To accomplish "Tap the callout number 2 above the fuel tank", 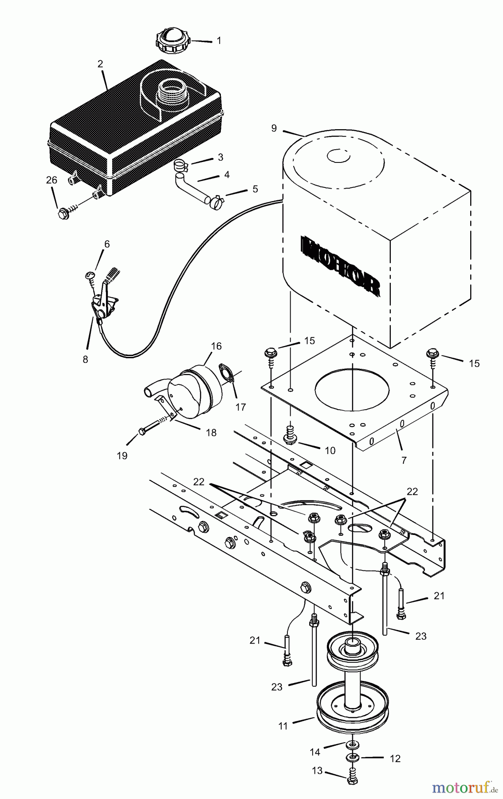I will [x=100, y=63].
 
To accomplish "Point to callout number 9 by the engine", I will [x=274, y=128].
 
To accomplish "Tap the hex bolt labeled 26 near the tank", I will [x=62, y=213].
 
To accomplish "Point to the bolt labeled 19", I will [x=143, y=431].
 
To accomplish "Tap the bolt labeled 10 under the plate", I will [x=290, y=438].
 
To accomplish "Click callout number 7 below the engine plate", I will [x=404, y=460].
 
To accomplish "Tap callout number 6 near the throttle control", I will [x=106, y=244].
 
